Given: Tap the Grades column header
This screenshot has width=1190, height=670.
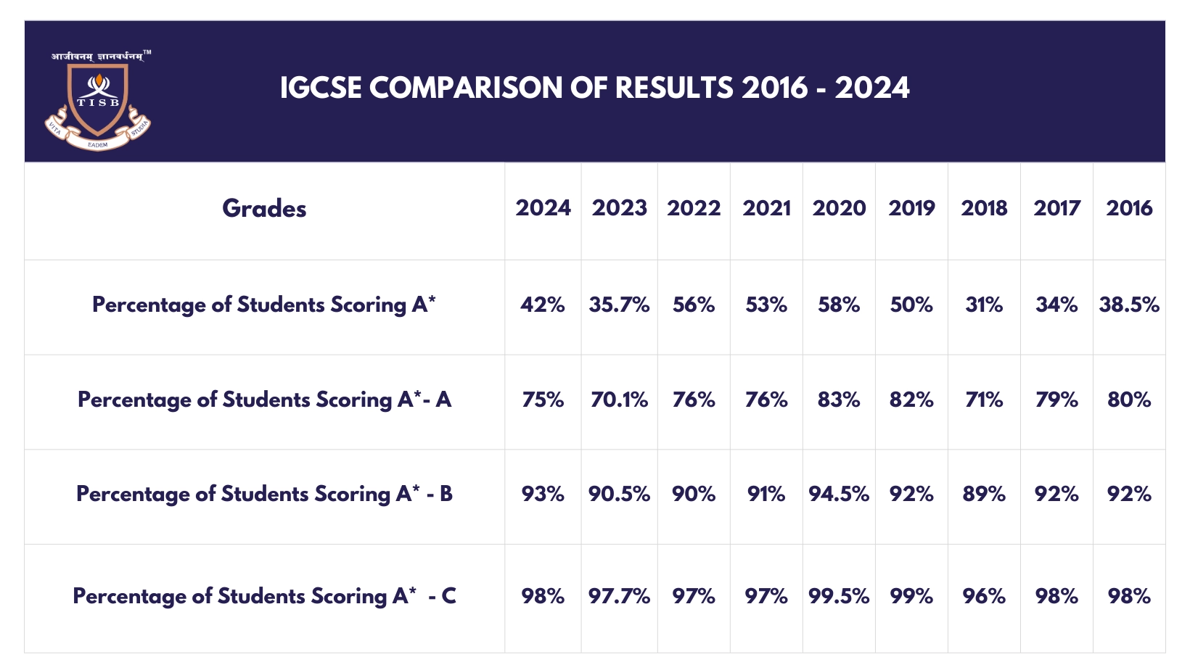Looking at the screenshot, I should (264, 209).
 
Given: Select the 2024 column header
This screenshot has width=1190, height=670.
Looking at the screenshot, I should (543, 209).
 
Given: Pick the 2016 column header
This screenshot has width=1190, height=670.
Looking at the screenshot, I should (1129, 209).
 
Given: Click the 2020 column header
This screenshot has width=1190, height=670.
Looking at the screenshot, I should (839, 209).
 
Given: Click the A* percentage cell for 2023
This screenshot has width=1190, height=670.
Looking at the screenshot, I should (619, 305).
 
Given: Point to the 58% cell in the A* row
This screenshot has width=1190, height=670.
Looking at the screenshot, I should (839, 305).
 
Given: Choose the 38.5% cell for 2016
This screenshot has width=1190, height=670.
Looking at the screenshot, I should (1129, 305).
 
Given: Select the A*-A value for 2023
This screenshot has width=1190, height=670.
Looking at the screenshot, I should (619, 400).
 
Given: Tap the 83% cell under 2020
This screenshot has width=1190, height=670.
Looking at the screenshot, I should (839, 400).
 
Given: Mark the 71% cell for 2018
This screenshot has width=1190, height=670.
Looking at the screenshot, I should (984, 400).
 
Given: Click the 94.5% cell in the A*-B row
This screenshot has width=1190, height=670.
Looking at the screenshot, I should (839, 495).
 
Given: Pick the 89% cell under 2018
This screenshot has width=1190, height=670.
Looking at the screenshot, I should (984, 495).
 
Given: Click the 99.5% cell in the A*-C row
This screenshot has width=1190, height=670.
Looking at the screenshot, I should (839, 597).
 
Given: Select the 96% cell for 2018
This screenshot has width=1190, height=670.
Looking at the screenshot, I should (984, 597).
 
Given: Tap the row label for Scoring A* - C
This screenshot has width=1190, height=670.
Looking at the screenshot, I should (264, 597).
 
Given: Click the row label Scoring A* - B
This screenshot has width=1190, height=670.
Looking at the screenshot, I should (264, 495).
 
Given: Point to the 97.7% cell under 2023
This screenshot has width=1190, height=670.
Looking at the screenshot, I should (619, 597).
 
